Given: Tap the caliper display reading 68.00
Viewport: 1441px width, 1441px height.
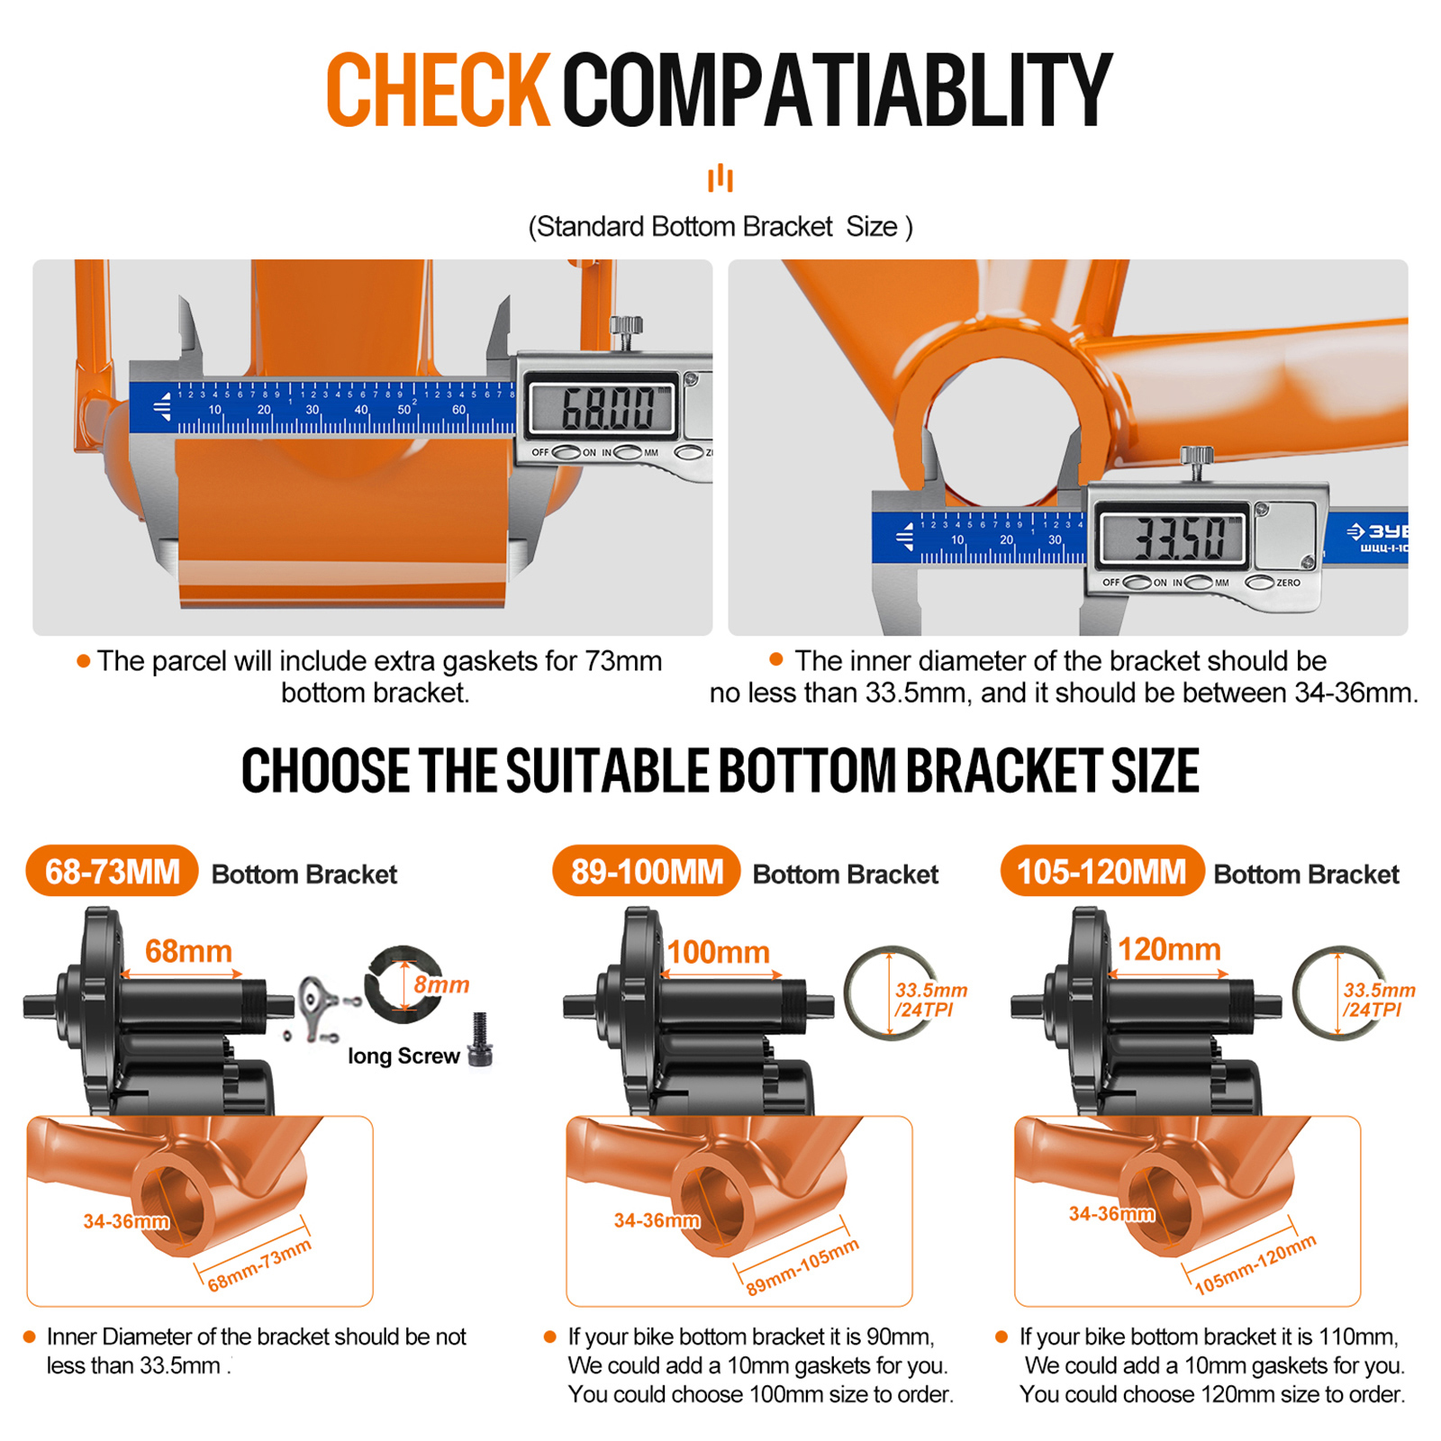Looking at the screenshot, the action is [x=603, y=407].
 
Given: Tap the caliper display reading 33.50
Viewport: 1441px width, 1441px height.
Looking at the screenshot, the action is [x=1174, y=538].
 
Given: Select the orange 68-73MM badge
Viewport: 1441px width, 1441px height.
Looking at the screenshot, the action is [x=113, y=871].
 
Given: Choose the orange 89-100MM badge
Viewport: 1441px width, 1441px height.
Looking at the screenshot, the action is [x=647, y=871].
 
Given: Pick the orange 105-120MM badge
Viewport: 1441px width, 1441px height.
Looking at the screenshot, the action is [x=1101, y=871].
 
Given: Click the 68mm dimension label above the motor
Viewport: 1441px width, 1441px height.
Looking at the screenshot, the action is [x=188, y=951].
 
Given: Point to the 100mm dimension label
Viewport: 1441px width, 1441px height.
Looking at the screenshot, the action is [x=718, y=952].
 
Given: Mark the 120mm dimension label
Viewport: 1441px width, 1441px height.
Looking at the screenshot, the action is [x=1169, y=949].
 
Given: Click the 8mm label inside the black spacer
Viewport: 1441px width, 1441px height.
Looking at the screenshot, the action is [x=441, y=984].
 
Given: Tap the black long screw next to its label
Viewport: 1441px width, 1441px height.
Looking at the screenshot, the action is [x=480, y=1039].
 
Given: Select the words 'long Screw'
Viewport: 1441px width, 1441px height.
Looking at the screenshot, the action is [x=403, y=1056].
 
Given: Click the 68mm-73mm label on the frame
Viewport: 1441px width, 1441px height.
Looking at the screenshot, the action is [x=259, y=1264].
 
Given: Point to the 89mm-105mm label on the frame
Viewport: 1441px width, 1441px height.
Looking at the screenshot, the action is [x=802, y=1266].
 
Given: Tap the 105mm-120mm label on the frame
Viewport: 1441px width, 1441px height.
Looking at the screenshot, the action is [x=1255, y=1264].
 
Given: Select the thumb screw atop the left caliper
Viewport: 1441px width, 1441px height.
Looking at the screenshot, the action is [x=626, y=331].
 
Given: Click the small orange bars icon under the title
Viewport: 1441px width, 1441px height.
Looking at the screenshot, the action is [x=720, y=177].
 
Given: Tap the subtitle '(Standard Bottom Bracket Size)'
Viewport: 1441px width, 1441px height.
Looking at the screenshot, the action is [x=720, y=226].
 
